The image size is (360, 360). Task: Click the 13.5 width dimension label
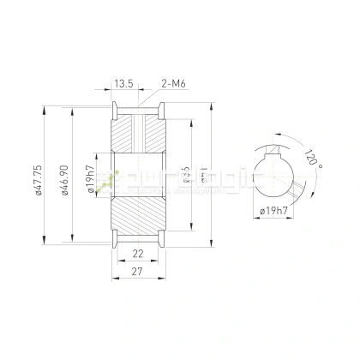123,85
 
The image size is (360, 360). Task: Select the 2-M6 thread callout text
173,85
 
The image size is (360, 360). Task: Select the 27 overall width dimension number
138,273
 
